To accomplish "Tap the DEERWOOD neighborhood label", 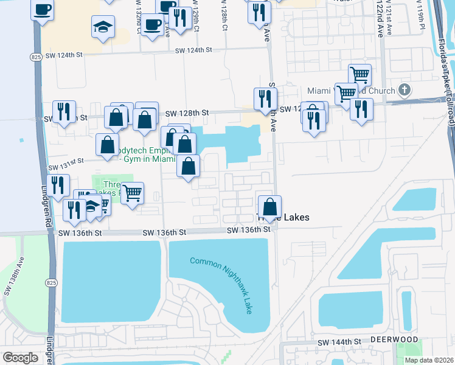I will [x=394, y=339].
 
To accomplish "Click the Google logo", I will [x=20, y=358].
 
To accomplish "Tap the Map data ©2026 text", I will [x=429, y=360].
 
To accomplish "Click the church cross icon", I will [x=405, y=90].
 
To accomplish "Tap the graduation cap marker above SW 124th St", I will [x=103, y=26].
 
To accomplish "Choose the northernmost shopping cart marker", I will [x=359, y=75].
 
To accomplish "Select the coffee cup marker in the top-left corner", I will [x=42, y=9].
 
